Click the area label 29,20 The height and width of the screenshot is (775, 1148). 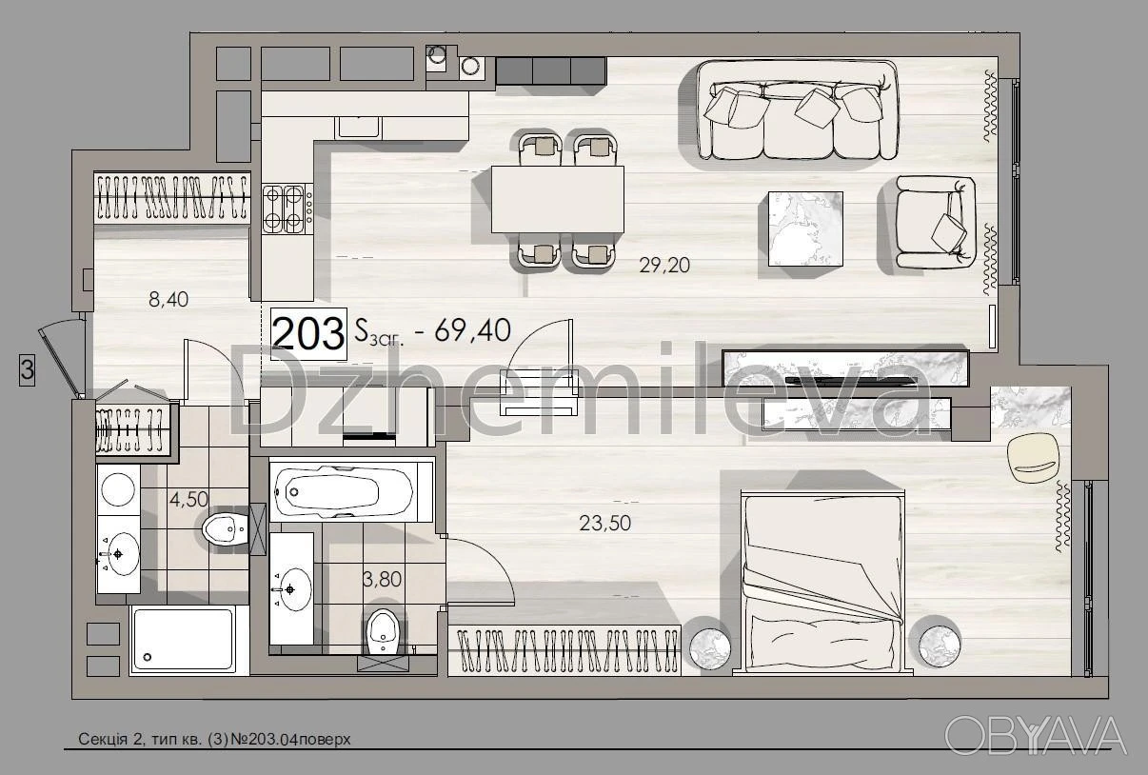664,266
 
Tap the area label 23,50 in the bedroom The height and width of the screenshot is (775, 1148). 604,524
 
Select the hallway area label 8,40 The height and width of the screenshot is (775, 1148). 168,299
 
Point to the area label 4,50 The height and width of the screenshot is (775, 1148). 188,499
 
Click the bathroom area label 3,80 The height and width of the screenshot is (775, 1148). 382,579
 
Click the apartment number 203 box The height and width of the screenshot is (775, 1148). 308,333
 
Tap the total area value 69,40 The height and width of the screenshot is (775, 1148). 472,330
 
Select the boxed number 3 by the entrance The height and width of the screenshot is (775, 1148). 28,369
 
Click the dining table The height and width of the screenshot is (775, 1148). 557,199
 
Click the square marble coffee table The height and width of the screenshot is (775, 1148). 805,229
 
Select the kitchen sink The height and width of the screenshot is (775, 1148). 359,128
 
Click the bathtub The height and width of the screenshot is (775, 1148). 344,492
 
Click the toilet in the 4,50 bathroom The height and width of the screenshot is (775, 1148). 226,528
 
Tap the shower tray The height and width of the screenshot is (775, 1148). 183,640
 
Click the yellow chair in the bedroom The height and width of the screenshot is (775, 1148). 1033,458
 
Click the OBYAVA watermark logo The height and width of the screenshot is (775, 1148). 1036,736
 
